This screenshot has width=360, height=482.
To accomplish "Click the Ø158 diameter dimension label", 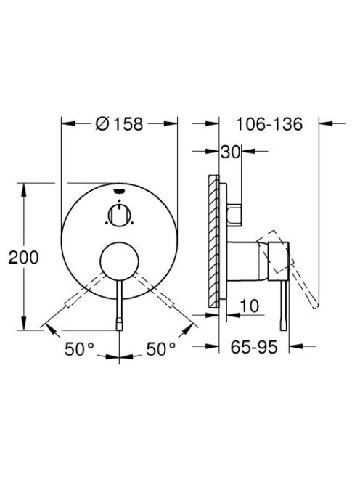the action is pos(119,124).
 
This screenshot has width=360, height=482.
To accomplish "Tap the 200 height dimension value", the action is pos(23,257).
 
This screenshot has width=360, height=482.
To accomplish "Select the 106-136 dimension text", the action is pos(269,124).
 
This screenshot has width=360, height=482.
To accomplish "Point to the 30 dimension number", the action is pos(230,152).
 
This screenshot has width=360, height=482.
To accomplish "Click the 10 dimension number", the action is pos(250,306).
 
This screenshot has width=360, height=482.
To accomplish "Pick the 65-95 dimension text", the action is pos(254,347).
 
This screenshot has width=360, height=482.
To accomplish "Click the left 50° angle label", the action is pos(79,349).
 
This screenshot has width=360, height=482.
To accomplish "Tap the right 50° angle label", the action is pos(161,349).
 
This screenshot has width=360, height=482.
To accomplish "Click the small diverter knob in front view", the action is pos(119,216).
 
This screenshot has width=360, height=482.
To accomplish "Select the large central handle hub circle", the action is pos(119,261).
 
